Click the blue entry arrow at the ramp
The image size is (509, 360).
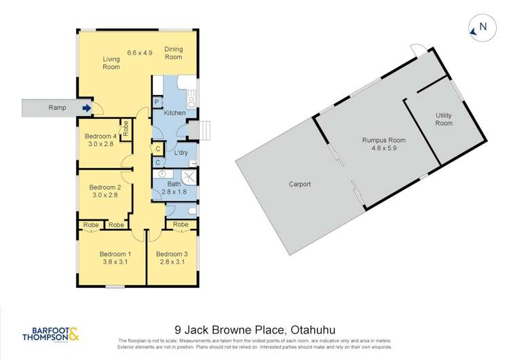pyautogui.click(x=87, y=107)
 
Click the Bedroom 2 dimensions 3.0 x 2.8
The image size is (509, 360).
pyautogui.click(x=104, y=195)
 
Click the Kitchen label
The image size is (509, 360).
pyautogui.click(x=174, y=113)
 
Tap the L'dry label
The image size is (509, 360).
pyautogui.click(x=181, y=153)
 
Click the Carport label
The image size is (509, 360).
pyautogui.click(x=299, y=184)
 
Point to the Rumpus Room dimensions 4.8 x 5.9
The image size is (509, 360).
pyautogui.click(x=378, y=148)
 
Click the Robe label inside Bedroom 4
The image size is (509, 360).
pyautogui.click(x=126, y=128)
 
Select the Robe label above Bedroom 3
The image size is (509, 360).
pyautogui.click(x=181, y=225)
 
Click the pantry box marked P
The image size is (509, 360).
pyautogui.click(x=157, y=102)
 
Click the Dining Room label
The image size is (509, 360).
pyautogui.click(x=174, y=53)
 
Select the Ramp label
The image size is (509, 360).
pyautogui.click(x=56, y=107)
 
